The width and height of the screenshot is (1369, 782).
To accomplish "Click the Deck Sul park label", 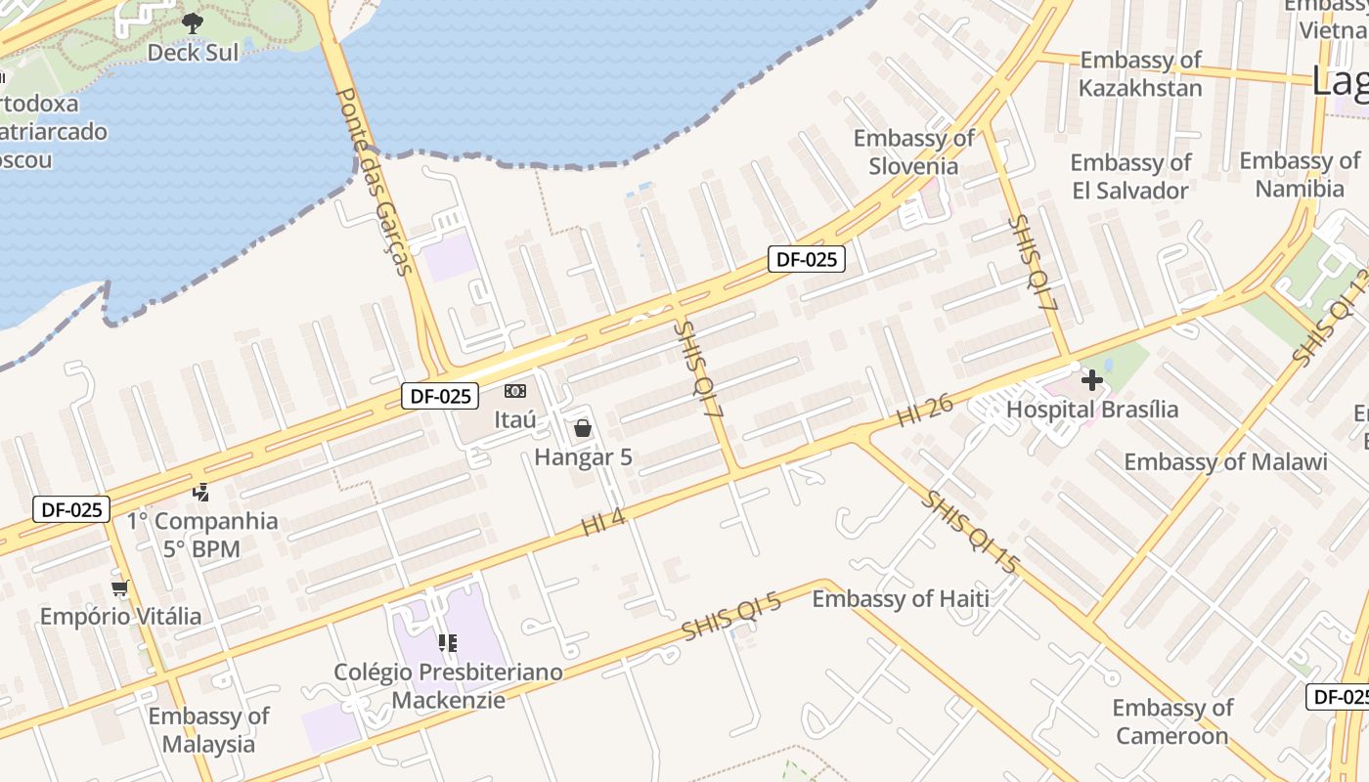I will pos(193,52).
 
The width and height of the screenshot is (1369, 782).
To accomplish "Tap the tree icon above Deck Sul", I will pos(193,22).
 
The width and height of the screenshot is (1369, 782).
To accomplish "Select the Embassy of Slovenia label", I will pos(914,152).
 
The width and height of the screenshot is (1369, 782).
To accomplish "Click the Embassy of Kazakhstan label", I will pos(1140,74).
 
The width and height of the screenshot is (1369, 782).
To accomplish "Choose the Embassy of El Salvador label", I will pos(1130,176).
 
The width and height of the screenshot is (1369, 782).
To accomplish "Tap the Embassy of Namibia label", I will pos(1300,174).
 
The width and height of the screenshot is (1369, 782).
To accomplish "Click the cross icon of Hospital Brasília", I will pos(1092,379).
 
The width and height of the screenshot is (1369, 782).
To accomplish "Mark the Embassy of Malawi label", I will pos(1225,461).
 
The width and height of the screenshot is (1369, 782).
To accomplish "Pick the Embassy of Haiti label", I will pos(901,598).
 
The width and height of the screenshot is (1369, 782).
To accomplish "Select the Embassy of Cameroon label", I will pos(1172,721).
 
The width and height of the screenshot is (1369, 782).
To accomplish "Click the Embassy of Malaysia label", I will pos(208,730).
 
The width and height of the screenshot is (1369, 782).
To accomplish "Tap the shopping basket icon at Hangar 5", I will pos(583,427).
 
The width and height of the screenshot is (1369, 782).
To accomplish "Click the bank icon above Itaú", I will pos(515,391).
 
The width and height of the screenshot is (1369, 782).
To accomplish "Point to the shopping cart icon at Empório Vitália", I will pos(120,587).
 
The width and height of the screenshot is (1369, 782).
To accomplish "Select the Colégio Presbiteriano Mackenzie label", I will pos(448,685).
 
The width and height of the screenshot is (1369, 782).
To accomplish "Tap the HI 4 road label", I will pos(603,523).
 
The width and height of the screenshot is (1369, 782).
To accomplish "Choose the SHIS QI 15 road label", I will pos(971,533).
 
